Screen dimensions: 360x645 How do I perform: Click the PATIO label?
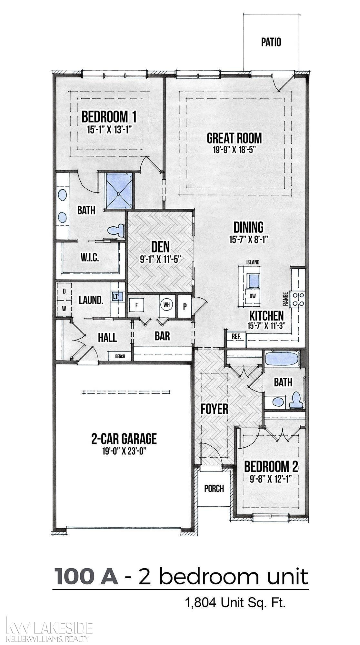coord(271,42)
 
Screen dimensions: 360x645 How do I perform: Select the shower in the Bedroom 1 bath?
coord(119,192)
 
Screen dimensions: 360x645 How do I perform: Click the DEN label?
coord(161,247)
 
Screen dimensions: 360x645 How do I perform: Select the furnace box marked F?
coord(136,306)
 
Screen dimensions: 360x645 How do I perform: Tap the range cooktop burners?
coord(298,299)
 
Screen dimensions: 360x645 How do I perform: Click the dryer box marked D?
coord(64,291)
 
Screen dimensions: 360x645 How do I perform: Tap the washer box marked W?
coord(64,308)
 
